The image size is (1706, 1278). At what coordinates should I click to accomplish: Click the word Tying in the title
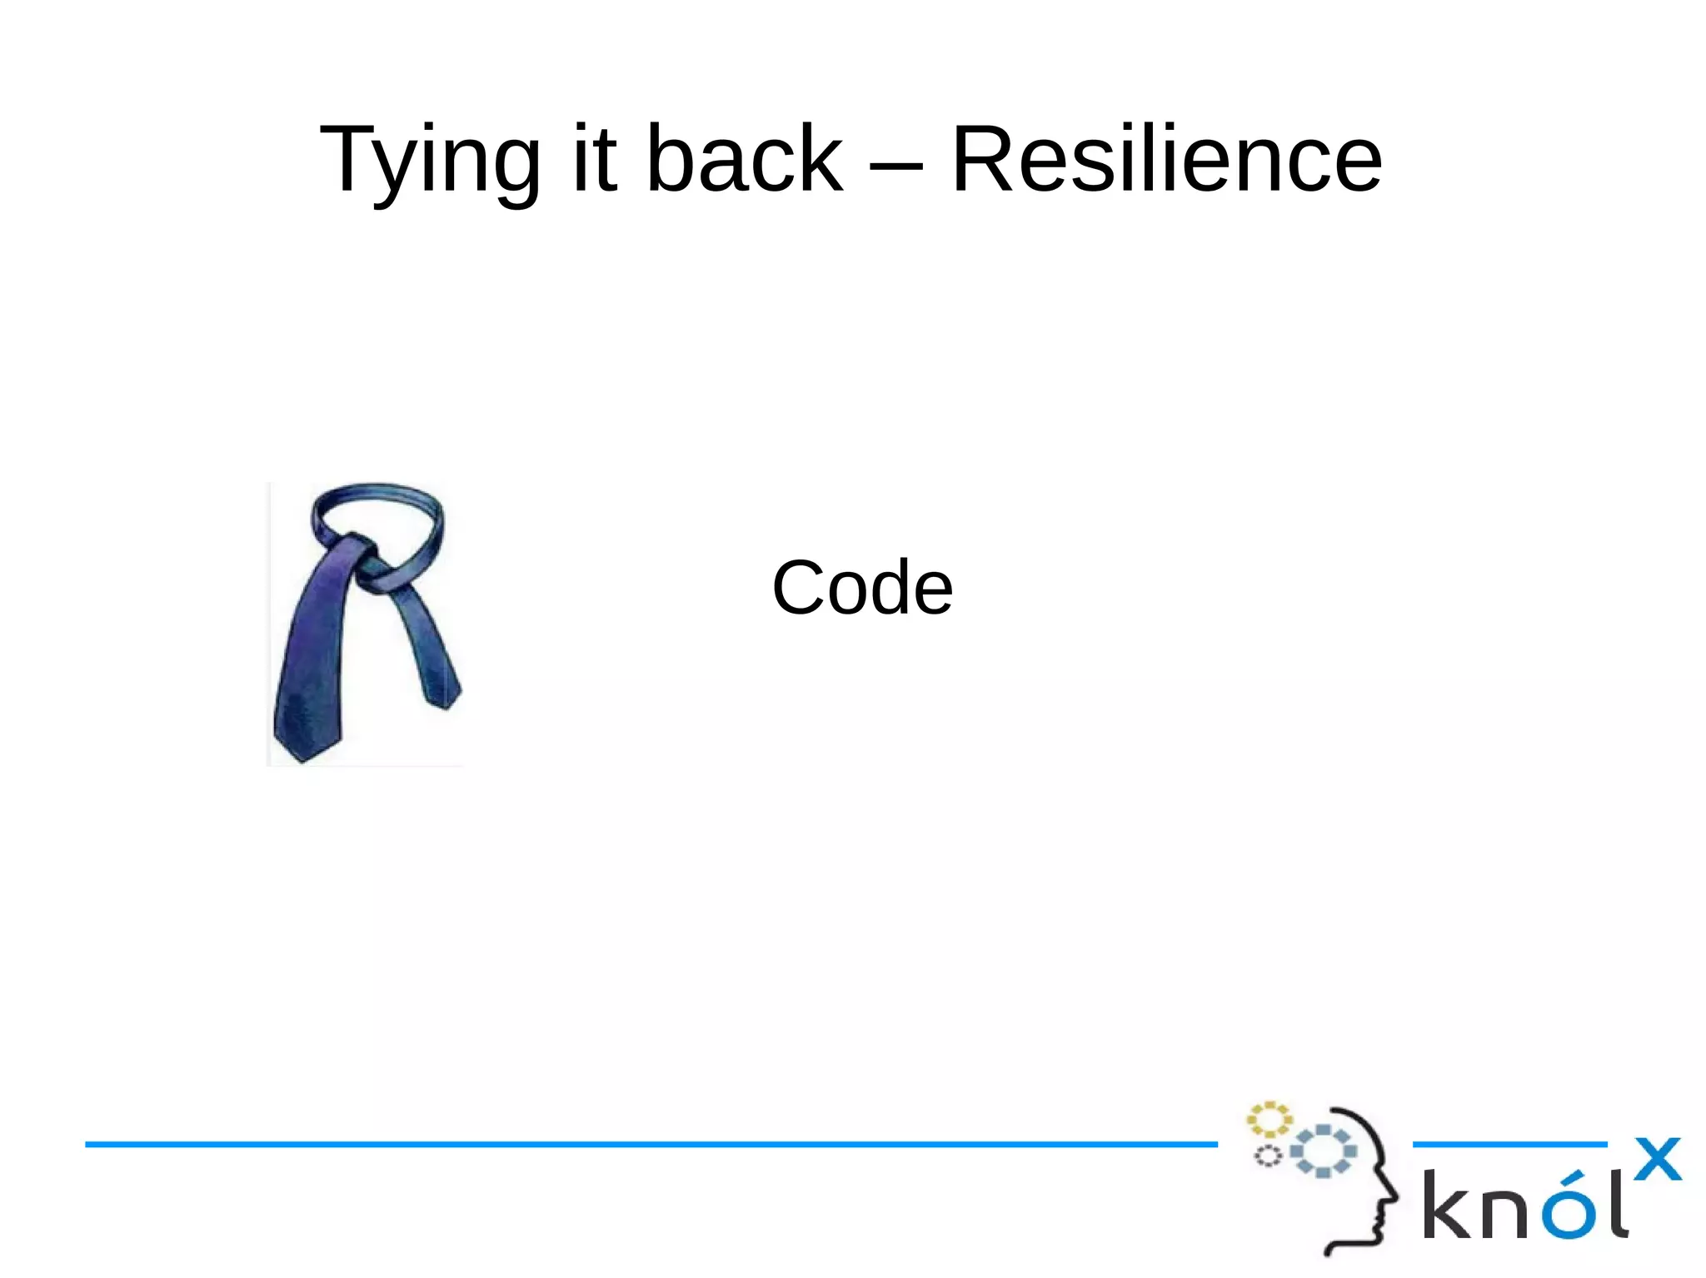(x=430, y=160)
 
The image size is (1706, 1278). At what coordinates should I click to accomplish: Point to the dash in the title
(x=896, y=166)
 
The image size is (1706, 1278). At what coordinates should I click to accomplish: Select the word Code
(x=862, y=588)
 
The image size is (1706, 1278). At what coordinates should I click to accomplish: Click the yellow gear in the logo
(x=1269, y=1119)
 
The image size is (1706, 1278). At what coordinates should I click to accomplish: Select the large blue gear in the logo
(x=1324, y=1151)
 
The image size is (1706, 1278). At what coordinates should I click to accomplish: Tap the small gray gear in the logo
(x=1268, y=1156)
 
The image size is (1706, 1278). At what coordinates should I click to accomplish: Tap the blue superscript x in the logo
(x=1657, y=1159)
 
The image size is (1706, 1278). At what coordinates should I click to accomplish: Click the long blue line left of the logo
(x=650, y=1145)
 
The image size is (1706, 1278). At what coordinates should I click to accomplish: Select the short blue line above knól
(x=1509, y=1145)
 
